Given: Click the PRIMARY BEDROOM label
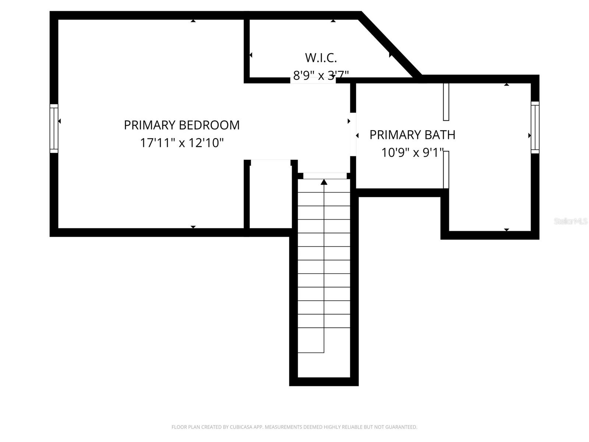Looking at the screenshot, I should coord(181,125).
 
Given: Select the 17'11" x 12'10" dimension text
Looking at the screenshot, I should coord(181,143).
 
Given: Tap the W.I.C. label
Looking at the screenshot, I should coord(321,58).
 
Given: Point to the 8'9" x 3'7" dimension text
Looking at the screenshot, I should coord(321,76).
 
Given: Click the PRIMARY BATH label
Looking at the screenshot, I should coord(412,135).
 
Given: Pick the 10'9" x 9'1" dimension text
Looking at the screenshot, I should coord(412,152).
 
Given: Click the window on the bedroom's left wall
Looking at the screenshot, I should coord(54,128).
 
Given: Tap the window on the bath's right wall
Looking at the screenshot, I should coord(535,127).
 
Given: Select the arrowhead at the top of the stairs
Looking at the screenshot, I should coord(324,182).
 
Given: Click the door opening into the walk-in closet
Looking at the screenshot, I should coord(313,80).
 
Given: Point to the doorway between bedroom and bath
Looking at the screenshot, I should coord(353,134).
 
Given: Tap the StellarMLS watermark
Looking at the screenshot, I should coord(571,221).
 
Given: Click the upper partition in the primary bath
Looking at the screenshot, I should coord(446,102).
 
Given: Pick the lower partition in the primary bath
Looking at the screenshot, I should coord(446,170).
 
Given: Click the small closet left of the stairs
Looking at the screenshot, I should coord(271,197).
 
